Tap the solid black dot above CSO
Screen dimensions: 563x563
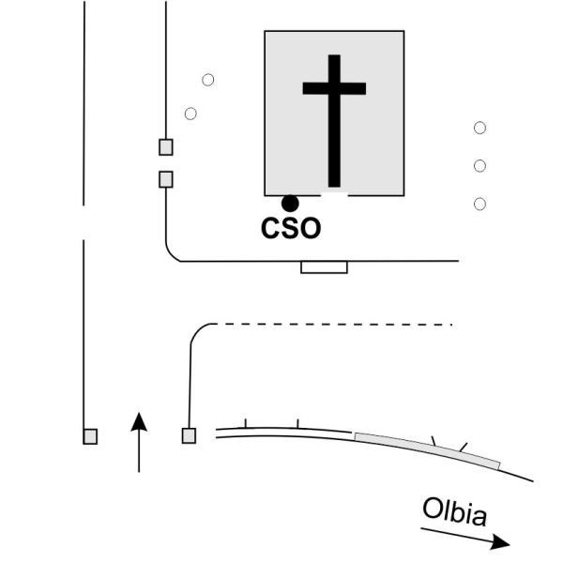point(290,204)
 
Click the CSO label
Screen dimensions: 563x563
point(291,228)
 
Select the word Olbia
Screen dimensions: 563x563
point(455,511)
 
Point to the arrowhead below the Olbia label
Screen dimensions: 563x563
point(501,541)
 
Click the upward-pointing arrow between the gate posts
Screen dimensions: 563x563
point(139,442)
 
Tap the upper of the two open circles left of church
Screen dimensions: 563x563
point(208,80)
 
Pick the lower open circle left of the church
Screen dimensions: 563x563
point(190,114)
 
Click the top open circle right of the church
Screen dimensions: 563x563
point(480,128)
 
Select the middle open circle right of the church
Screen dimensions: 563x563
point(480,166)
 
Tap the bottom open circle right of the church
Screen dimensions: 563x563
point(480,204)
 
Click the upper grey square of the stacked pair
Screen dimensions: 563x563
point(166,147)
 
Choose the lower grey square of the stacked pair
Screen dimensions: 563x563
point(166,179)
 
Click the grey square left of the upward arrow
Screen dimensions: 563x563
point(90,436)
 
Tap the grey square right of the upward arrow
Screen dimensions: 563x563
point(189,436)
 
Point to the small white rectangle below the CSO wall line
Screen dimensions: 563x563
point(325,267)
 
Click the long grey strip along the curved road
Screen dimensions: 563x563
point(427,449)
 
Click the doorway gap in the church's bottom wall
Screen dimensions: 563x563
point(334,194)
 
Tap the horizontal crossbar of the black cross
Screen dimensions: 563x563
point(334,88)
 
